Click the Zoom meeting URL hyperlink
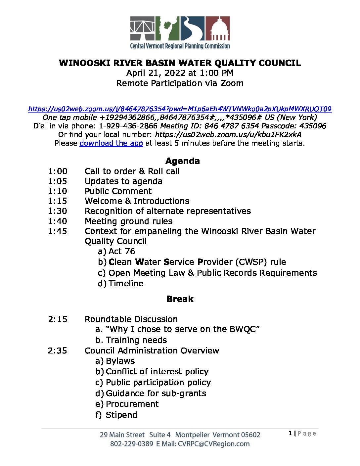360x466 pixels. click(180, 109)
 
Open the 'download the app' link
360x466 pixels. click(111, 143)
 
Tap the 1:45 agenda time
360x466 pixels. click(58, 231)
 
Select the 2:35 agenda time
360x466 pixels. click(58, 350)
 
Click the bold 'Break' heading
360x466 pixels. click(180, 299)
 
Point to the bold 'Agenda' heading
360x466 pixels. click(182, 161)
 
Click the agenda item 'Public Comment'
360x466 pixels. click(118, 191)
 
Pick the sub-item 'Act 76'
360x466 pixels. click(121, 251)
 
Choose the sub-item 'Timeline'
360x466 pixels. click(126, 283)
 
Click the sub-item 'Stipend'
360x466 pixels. click(121, 415)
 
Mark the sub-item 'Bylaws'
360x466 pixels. click(120, 361)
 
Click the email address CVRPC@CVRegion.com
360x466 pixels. click(214, 444)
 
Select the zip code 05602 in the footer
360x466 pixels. click(250, 435)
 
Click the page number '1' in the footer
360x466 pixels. click(290, 433)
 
